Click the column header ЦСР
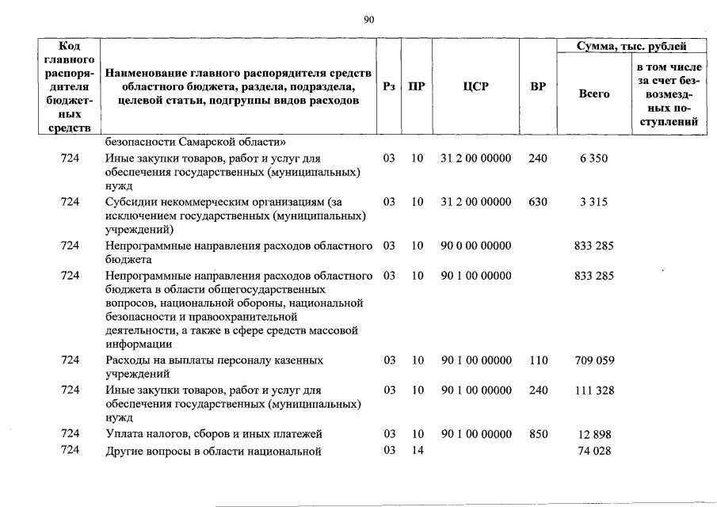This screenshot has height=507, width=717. click(475, 87)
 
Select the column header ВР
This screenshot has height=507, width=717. click(538, 87)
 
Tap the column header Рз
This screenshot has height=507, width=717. click(388, 87)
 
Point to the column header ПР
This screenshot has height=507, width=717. click(416, 87)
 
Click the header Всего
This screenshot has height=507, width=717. click(594, 93)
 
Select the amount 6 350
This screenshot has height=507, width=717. click(593, 158)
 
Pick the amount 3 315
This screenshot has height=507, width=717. click(593, 202)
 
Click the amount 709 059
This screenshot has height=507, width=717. click(593, 360)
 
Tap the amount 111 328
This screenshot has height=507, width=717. click(593, 390)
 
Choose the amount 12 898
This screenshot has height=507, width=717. click(595, 435)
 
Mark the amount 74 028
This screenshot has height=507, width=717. click(594, 452)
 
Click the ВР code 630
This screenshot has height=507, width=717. click(538, 202)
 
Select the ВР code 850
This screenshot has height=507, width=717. click(538, 434)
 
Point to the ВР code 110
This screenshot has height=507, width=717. click(538, 360)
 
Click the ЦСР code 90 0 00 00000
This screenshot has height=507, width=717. click(476, 246)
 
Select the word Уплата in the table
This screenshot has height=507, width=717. click(124, 434)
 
